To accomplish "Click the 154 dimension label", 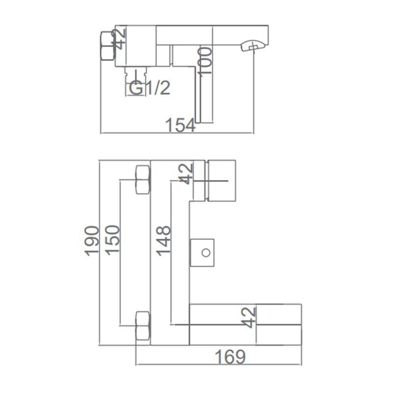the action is (x=180, y=125).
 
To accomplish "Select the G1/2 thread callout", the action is (x=150, y=88).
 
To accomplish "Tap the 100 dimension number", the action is (x=204, y=60).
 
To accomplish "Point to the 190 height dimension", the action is (x=91, y=241).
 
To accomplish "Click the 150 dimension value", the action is (x=112, y=240).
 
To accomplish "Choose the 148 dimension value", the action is (x=163, y=241).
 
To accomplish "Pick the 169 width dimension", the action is (x=230, y=357).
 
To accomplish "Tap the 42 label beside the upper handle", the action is (x=186, y=174).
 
